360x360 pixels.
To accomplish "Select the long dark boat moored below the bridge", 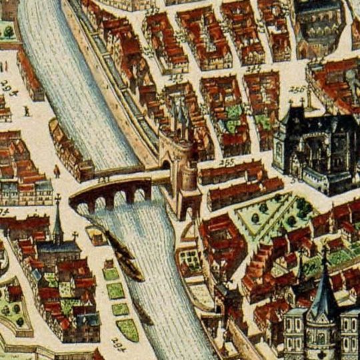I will (127, 257).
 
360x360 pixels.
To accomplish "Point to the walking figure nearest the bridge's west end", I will (57, 171).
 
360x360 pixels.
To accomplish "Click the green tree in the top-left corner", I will (9, 31).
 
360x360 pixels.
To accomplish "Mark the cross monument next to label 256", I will (309, 101).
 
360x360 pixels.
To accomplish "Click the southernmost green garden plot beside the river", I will (127, 329).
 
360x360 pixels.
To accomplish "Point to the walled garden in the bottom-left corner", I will (12, 307).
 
